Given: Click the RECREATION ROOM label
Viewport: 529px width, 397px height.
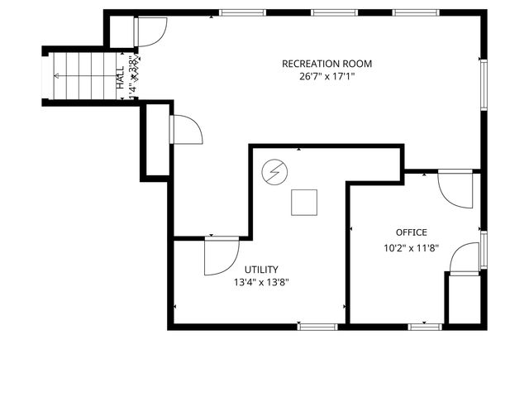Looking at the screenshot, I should [x=326, y=64].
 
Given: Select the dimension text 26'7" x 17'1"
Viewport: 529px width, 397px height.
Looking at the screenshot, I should [x=326, y=76].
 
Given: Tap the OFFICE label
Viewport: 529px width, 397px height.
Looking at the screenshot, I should [x=411, y=232].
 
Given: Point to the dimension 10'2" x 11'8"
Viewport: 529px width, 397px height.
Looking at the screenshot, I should [x=411, y=247].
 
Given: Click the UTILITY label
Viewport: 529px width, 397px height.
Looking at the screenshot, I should [x=261, y=269].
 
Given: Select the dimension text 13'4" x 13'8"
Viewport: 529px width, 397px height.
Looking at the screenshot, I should [x=261, y=282].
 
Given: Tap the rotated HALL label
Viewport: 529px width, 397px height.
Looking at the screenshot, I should [x=121, y=77].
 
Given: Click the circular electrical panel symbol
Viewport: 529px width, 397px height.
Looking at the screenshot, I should [x=274, y=172].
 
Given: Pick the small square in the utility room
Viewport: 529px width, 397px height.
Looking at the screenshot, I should [x=303, y=203].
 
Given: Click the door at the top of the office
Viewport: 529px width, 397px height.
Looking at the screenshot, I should [x=454, y=189].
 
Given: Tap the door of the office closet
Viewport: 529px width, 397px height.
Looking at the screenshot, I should [x=464, y=257].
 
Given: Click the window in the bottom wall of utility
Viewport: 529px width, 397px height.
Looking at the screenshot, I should [x=317, y=326].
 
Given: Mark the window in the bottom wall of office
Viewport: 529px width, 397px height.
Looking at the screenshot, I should [x=426, y=326].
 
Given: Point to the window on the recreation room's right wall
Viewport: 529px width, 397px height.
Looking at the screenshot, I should [x=484, y=83].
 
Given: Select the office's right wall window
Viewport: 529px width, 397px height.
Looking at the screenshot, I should [x=484, y=246].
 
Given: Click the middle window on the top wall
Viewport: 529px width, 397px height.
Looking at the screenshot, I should [x=335, y=13].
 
